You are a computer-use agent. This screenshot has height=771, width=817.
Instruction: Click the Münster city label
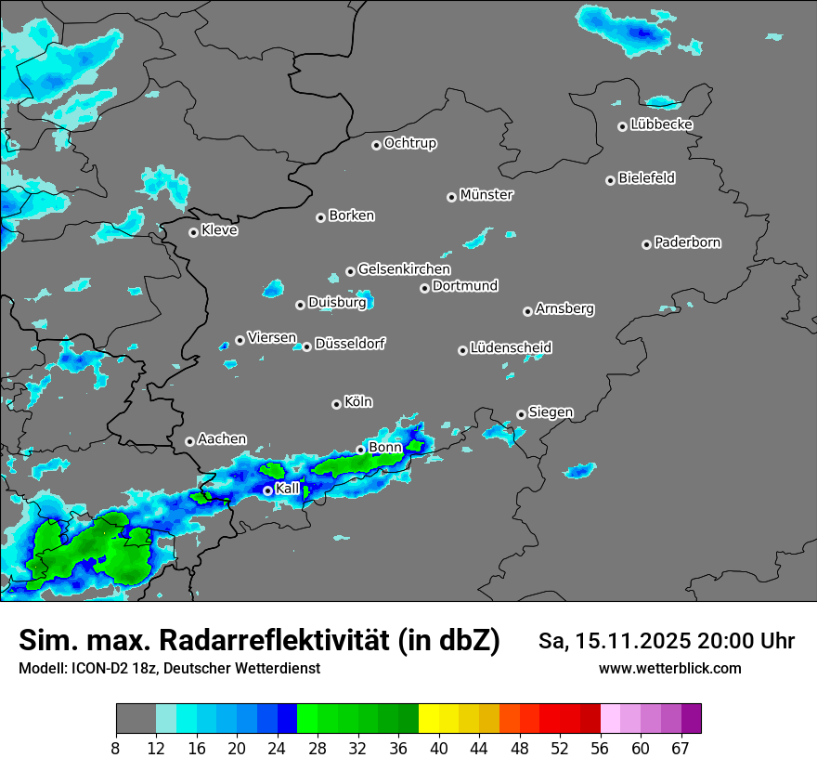486,195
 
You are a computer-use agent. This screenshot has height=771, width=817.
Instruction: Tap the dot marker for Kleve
193,232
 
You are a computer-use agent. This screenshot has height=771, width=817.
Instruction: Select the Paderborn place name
688,242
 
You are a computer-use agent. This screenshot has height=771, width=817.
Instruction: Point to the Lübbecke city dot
622,126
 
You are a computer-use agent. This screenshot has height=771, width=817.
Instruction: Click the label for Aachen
222,438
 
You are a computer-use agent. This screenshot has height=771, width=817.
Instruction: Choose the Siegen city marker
521,414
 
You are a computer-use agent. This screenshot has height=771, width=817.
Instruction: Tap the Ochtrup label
410,143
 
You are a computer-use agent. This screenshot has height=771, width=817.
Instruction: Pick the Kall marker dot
267,490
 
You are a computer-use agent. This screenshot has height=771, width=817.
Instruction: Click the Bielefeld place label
646,177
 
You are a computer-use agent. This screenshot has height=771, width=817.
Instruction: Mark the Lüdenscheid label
511,347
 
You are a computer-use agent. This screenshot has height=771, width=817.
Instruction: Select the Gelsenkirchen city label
404,269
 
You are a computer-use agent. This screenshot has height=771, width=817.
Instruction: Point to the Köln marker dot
336,404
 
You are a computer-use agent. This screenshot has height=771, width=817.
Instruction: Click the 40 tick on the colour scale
438,749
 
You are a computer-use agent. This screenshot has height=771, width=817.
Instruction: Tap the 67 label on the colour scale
681,749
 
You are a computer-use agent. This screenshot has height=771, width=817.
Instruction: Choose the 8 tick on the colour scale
116,749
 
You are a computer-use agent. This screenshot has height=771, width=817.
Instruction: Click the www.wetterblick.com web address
669,668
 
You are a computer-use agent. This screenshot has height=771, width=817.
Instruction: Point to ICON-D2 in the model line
97,668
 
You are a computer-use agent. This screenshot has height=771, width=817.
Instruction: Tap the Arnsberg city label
564,308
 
